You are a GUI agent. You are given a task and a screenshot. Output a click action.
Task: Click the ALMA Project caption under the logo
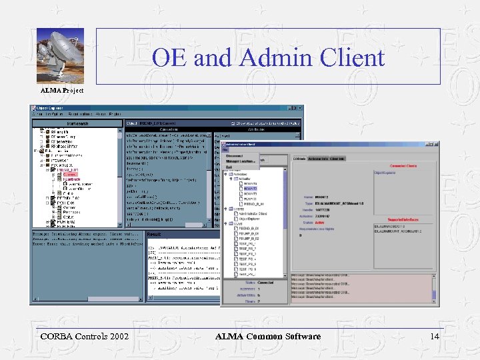click(x=62, y=89)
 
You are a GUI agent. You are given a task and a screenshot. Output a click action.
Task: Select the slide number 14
click(x=435, y=336)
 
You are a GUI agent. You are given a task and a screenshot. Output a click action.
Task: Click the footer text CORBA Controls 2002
click(x=85, y=336)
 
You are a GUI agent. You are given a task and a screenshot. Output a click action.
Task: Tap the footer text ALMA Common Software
click(x=267, y=336)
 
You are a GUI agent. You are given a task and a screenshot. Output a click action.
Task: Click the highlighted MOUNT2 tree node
click(x=251, y=189)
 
